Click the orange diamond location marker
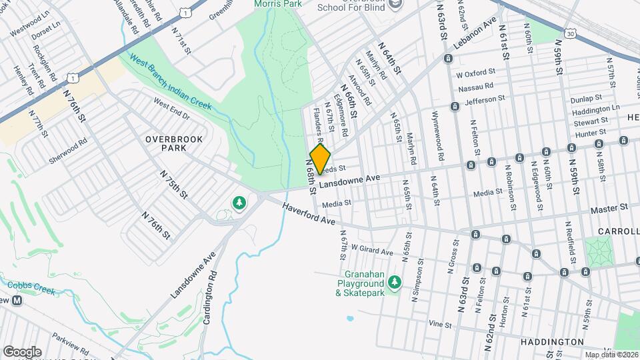[321, 159]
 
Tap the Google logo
[22, 351]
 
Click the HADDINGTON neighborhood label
[551, 341]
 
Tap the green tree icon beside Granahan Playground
[395, 283]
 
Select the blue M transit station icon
[17, 300]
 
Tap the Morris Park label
[275, 4]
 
